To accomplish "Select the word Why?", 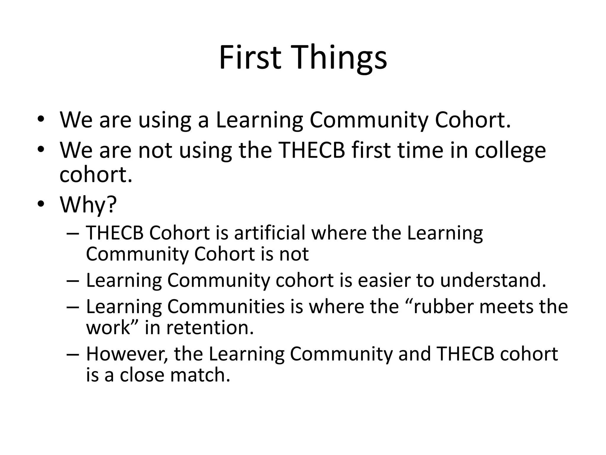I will (x=88, y=205).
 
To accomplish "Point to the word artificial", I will (x=270, y=233).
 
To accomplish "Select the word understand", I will (x=493, y=280).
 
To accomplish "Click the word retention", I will (x=210, y=328).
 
